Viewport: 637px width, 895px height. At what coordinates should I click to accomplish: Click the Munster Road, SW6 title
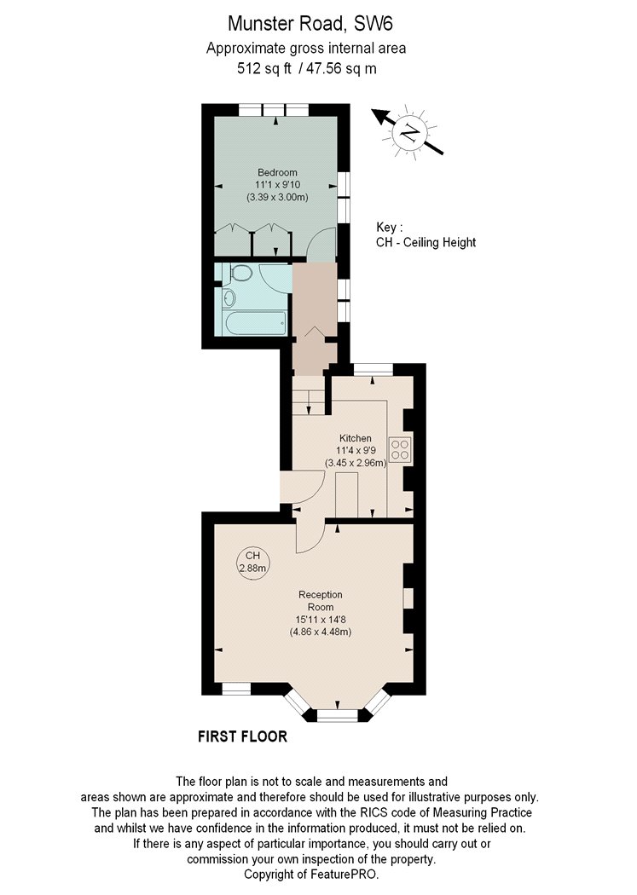[x=310, y=24]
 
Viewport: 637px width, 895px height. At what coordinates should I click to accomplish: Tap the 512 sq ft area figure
[x=264, y=68]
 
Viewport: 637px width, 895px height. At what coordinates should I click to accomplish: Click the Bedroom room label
[x=277, y=172]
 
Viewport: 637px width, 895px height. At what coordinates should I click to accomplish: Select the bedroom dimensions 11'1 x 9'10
[x=277, y=185]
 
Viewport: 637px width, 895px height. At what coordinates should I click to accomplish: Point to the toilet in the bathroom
[x=240, y=273]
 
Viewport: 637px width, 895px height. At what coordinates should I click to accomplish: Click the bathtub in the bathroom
[x=256, y=324]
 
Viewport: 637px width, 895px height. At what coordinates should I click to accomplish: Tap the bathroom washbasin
[x=229, y=297]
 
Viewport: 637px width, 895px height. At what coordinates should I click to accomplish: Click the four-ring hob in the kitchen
[x=400, y=448]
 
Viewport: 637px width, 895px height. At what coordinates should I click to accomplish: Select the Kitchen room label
[x=356, y=438]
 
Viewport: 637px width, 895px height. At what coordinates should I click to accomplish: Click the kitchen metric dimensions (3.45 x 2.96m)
[x=356, y=463]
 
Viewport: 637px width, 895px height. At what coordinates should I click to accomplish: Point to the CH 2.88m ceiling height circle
[x=252, y=563]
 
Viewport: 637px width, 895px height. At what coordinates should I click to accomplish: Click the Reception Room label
[x=321, y=600]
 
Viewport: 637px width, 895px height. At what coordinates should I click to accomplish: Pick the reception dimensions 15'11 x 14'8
[x=321, y=620]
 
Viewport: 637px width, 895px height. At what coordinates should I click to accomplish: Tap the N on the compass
[x=409, y=133]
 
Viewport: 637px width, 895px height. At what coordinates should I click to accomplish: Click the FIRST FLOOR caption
[x=242, y=736]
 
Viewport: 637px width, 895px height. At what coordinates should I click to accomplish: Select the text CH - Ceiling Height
[x=426, y=242]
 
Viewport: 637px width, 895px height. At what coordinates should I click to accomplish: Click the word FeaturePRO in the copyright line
[x=344, y=874]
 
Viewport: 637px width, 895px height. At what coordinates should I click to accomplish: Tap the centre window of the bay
[x=338, y=714]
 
